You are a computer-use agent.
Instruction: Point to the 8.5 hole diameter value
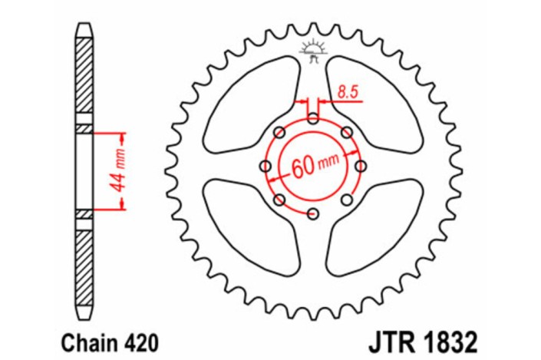[348, 93]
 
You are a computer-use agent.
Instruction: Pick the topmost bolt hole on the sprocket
[314, 118]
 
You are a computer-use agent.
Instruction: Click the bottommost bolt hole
[314, 213]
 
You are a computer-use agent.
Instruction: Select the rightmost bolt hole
[361, 166]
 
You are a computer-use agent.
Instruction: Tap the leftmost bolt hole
[266, 166]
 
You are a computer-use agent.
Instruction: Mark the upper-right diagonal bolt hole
[348, 132]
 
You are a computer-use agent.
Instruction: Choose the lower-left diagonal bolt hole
[280, 200]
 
